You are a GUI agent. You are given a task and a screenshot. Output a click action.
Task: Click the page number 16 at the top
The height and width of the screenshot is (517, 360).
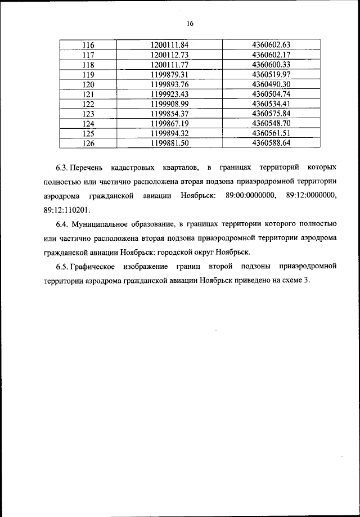click(x=190, y=23)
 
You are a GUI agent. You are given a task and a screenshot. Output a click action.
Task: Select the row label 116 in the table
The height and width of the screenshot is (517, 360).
click(x=88, y=45)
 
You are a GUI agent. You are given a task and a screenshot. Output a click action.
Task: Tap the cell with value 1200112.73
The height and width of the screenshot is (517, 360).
click(x=169, y=55)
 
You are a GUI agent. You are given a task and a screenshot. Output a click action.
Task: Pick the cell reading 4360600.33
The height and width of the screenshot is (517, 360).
click(x=271, y=65)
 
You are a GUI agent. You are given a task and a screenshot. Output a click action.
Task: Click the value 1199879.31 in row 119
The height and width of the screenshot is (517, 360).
click(x=169, y=74)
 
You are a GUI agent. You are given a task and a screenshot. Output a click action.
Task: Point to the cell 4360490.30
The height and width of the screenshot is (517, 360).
click(x=271, y=84)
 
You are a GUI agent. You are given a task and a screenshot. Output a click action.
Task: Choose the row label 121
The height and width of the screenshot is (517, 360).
click(x=88, y=94)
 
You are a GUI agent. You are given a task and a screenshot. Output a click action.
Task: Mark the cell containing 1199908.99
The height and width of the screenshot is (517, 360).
click(x=169, y=104)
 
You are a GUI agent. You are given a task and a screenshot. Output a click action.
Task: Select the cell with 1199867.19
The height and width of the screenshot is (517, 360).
click(x=169, y=123)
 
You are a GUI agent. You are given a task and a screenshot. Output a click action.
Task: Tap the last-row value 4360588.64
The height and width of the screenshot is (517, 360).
click(x=271, y=143)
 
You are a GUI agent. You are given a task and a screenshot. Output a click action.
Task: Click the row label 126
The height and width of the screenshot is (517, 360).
click(x=88, y=143)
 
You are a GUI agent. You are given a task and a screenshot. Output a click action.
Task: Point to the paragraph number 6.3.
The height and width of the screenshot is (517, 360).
click(x=61, y=168)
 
